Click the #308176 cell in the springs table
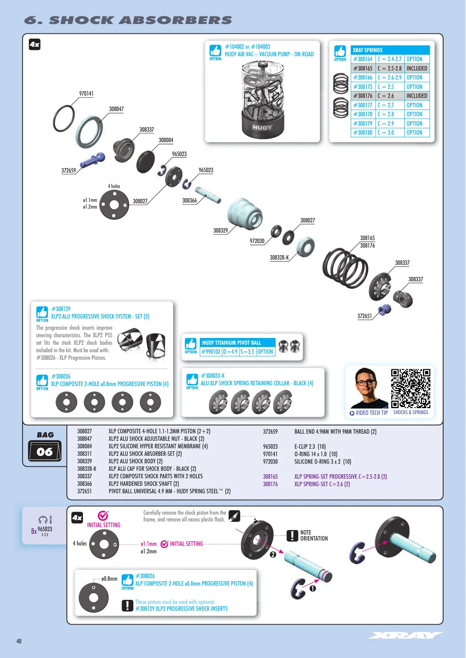[x=363, y=96]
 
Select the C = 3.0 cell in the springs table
[x=390, y=133]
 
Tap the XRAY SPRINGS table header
[x=390, y=50]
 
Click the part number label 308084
[x=166, y=140]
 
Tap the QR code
[x=410, y=388]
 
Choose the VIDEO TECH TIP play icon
[x=352, y=413]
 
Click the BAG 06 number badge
[x=45, y=452]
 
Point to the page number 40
[x=19, y=641]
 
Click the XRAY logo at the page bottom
[x=406, y=635]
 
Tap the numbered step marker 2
[x=273, y=554]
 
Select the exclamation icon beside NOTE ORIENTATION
[x=292, y=536]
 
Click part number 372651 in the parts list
[x=84, y=491]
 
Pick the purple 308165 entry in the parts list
[x=270, y=476]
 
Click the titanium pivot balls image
[x=289, y=346]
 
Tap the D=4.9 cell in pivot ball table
[x=230, y=352]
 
